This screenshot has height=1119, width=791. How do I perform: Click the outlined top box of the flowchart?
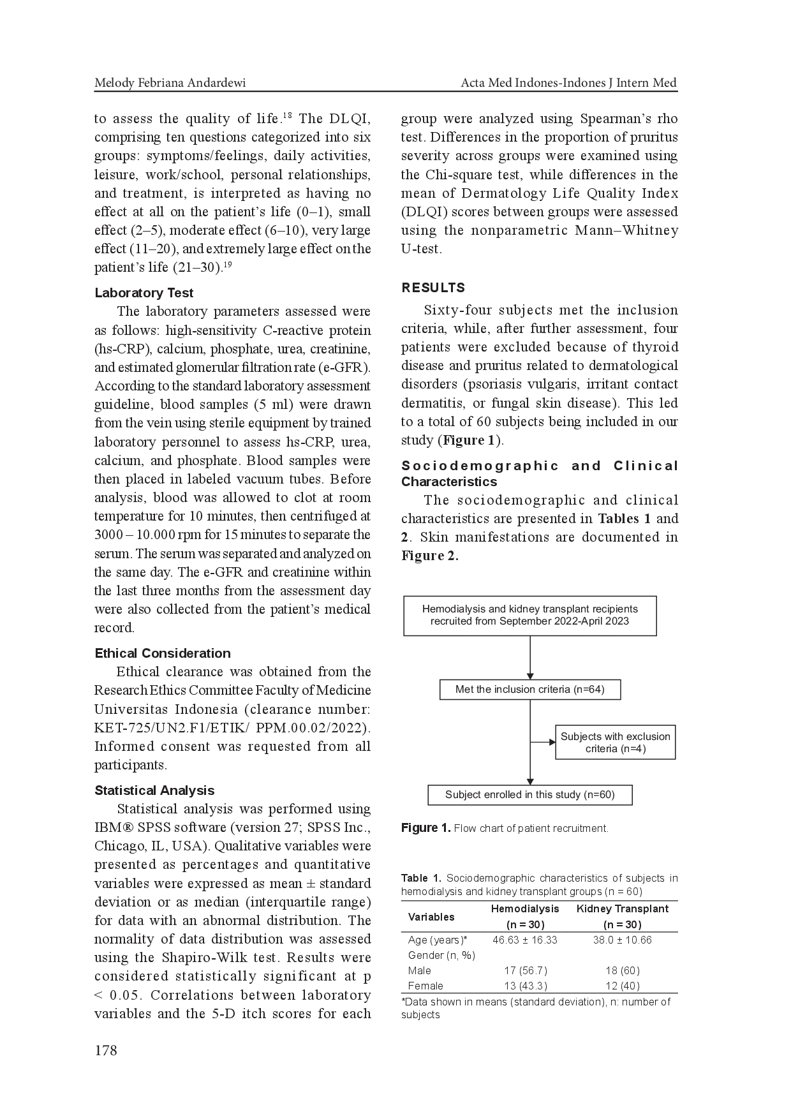530,615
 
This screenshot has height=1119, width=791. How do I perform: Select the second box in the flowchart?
530,691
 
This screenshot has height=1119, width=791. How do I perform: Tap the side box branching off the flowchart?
614,742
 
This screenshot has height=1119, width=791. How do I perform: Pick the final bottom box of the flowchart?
528,794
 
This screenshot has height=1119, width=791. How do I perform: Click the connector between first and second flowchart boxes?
528,658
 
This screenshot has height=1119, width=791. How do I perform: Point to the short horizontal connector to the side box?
540,741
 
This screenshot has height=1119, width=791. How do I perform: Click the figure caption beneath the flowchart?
505,828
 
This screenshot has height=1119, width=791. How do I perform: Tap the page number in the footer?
105,1049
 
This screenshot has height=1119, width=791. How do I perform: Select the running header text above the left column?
170,86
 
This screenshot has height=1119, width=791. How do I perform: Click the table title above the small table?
537,885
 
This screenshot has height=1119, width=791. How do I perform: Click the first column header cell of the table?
432,916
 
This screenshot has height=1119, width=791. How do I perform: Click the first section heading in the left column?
143,293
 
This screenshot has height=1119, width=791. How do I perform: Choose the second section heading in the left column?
163,653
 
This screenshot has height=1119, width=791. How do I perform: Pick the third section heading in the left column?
153,789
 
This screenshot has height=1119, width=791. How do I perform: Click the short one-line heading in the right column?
431,289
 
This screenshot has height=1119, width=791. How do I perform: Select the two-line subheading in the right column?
537,473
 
